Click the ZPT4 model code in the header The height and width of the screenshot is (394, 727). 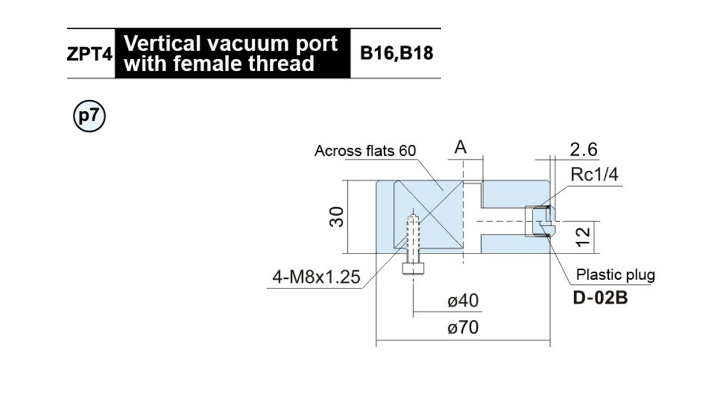click(x=90, y=54)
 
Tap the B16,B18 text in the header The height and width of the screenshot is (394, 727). click(x=397, y=53)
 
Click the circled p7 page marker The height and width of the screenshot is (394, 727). click(x=89, y=116)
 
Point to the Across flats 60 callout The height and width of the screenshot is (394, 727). click(x=365, y=151)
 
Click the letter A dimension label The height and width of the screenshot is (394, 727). click(x=460, y=147)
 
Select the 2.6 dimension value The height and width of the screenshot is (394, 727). click(x=583, y=150)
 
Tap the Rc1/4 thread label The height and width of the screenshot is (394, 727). click(x=594, y=175)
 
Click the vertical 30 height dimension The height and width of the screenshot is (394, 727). click(x=336, y=216)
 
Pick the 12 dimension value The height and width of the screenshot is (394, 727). click(x=583, y=237)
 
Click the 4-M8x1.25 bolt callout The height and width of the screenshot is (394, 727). click(x=316, y=277)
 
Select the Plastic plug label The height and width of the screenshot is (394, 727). click(x=616, y=275)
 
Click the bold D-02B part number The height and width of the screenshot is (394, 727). click(x=600, y=298)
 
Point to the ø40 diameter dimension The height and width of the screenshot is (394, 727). click(x=463, y=301)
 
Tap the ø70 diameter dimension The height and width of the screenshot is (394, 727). click(x=463, y=327)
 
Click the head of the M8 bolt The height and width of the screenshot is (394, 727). click(x=413, y=269)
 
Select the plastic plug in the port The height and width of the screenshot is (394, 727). click(x=540, y=221)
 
